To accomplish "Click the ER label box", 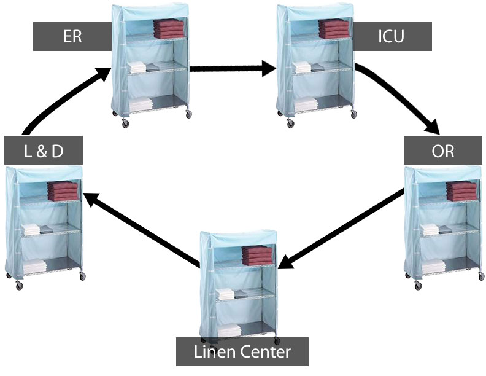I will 72,36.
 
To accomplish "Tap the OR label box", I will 442,151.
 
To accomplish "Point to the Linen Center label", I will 242,352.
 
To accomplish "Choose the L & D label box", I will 43,151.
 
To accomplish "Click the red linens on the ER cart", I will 168,28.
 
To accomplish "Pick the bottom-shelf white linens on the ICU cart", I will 306,105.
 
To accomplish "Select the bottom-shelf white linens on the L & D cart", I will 36,265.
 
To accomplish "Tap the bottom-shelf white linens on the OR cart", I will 433,265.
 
